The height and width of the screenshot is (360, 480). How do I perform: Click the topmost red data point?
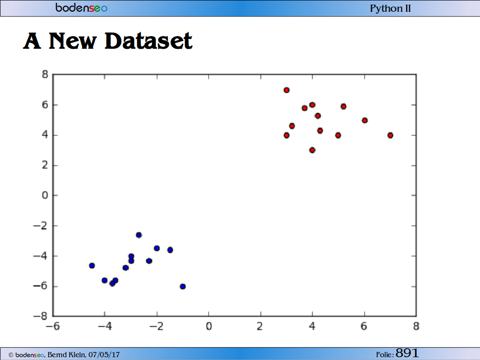pos(286,90)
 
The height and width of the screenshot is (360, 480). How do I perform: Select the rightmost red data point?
pos(390,135)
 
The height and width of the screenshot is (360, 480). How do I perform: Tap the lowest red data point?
pos(312,150)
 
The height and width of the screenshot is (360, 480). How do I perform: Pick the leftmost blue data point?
pos(92,265)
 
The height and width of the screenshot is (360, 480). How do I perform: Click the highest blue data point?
pos(139,235)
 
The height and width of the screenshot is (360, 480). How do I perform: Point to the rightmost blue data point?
pos(183,286)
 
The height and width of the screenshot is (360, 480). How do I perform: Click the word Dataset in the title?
pos(149,41)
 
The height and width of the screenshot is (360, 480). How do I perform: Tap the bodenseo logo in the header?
pos(82,7)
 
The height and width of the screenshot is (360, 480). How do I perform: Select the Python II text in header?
pos(390,8)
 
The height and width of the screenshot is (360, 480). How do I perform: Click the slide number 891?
pos(407,353)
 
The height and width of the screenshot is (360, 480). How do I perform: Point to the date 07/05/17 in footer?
pos(104,355)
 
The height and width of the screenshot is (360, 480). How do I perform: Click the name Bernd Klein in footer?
pos(67,355)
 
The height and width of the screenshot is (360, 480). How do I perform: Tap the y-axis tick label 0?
pos(45,195)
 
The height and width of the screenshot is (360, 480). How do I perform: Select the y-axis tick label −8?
pos(41,316)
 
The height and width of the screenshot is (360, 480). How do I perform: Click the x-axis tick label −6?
pos(52,326)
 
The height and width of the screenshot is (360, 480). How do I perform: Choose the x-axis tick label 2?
pos(260,326)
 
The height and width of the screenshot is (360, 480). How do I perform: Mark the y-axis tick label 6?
pos(45,105)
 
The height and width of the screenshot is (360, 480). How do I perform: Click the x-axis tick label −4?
pos(105,326)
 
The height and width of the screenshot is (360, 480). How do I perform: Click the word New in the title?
pos(73,41)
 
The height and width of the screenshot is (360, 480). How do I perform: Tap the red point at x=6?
pos(365,120)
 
